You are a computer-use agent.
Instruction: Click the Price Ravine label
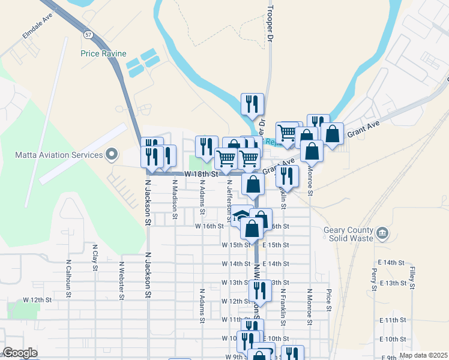point(103,53)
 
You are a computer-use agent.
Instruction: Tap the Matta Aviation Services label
point(59,155)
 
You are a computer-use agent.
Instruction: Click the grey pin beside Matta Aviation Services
point(111,155)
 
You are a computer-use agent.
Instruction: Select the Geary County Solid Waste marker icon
point(382,232)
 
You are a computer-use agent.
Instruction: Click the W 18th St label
point(200,173)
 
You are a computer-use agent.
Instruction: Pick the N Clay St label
point(95,257)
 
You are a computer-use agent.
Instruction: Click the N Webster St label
point(121,280)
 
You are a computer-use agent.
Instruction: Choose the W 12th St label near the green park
point(34,299)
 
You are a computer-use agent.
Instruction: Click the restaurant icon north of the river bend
point(252,103)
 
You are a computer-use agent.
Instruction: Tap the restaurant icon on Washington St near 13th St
point(260,290)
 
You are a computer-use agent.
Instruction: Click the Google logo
point(20,353)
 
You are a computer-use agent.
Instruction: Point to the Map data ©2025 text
point(423,355)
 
